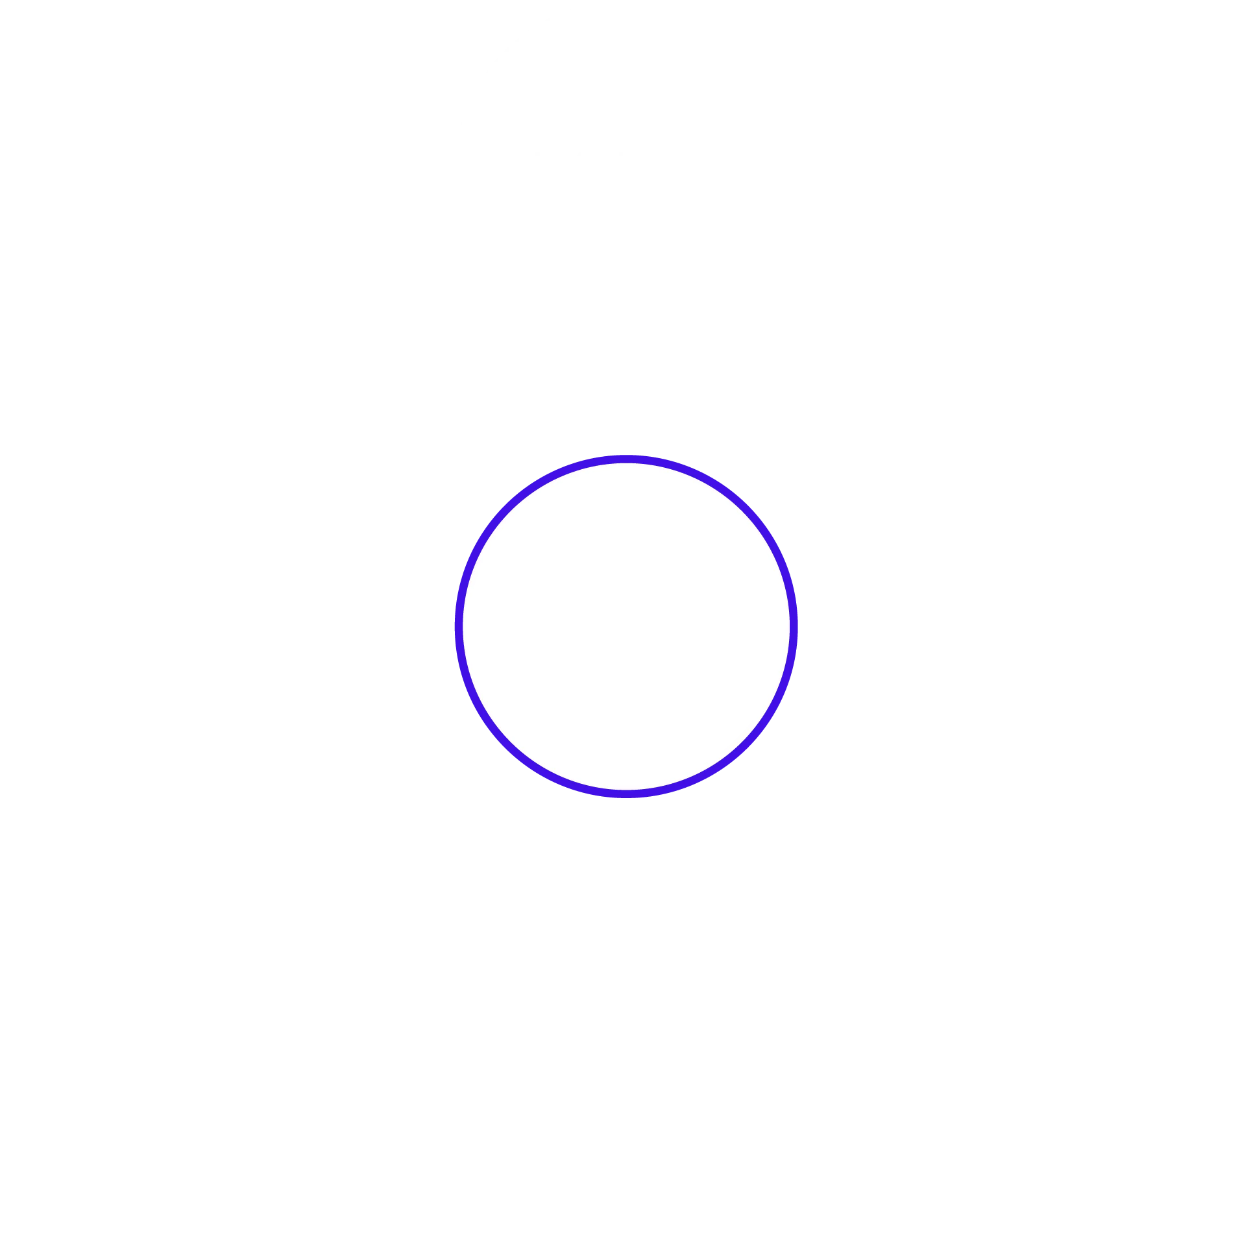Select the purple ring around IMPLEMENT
coord(459,623)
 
